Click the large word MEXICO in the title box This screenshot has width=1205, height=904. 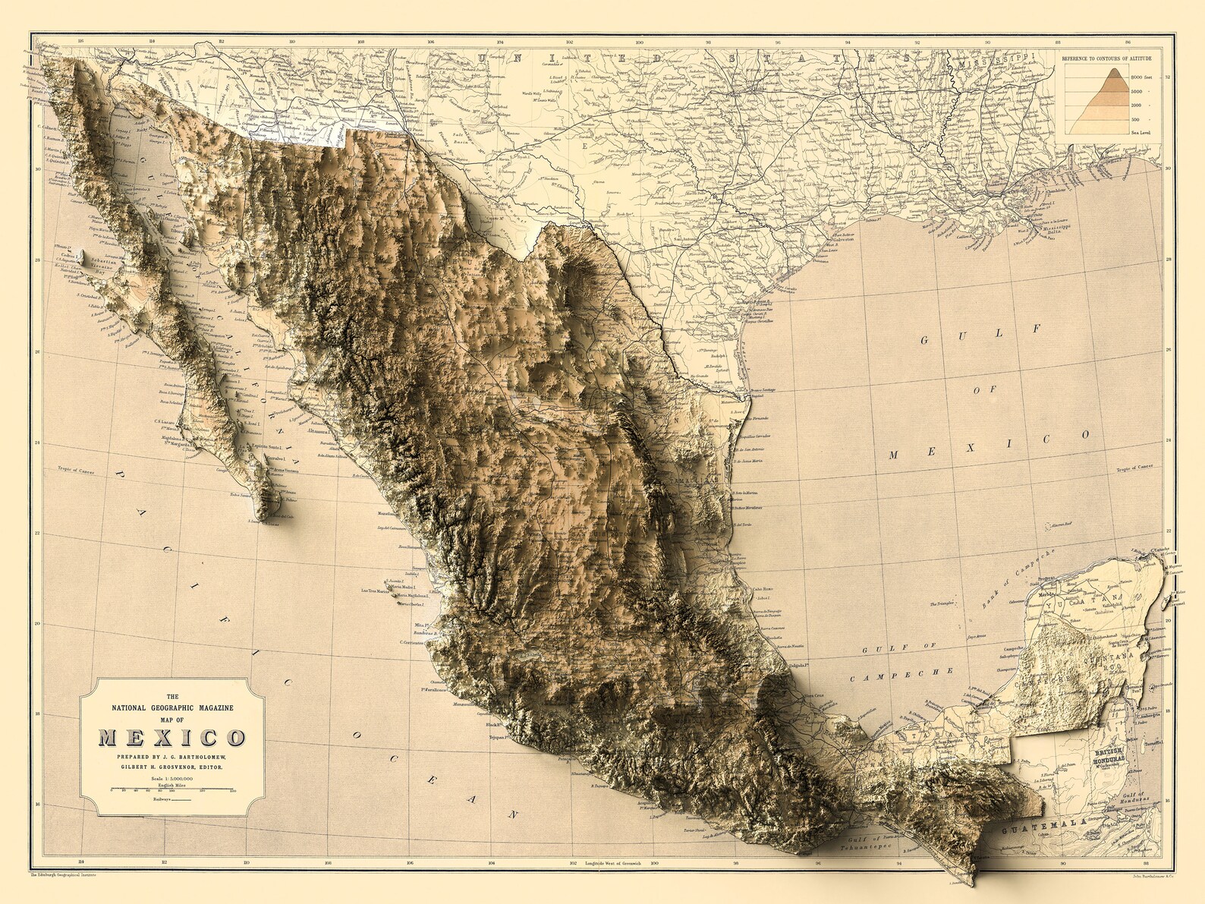tap(171, 738)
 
